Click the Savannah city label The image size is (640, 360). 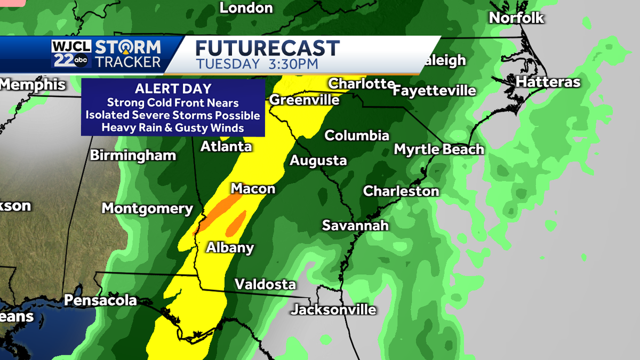pos(355,226)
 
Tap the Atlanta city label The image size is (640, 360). pos(226,147)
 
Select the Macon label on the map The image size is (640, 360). pos(253,189)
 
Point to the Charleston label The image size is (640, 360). pos(401,191)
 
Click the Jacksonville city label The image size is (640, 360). pos(334,309)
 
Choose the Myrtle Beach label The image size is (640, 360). pos(439,149)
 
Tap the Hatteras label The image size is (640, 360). pos(548,82)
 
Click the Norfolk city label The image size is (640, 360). pos(516,18)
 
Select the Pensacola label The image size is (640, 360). pos(100,300)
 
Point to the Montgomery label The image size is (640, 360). pos(147,209)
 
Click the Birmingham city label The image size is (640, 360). pos(133,156)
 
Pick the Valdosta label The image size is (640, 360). pos(265,284)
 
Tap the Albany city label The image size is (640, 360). pos(230,247)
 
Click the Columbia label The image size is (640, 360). pos(357,135)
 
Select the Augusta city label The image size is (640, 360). pos(318,161)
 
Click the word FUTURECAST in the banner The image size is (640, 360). pos(267,49)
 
